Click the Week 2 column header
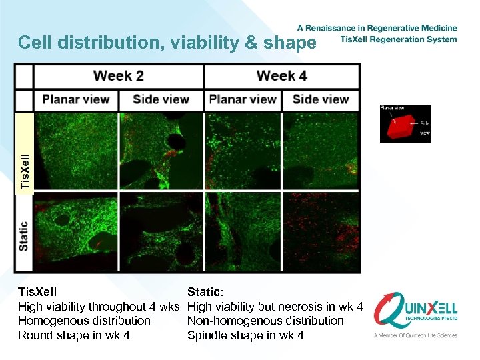(119, 76)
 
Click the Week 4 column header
(281, 76)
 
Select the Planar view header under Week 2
(76, 100)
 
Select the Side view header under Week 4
(321, 100)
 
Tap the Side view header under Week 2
(161, 100)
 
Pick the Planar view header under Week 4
(243, 100)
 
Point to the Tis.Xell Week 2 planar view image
(76, 152)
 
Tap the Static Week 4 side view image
(321, 232)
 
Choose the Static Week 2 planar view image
(76, 232)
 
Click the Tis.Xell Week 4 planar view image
(243, 152)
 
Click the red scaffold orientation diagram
(405, 124)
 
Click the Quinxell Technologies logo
(415, 313)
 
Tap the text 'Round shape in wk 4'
(73, 335)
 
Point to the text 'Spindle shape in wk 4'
(245, 335)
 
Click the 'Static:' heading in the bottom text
(206, 292)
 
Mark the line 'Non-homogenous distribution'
(265, 321)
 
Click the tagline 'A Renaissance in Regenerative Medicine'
(377, 28)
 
